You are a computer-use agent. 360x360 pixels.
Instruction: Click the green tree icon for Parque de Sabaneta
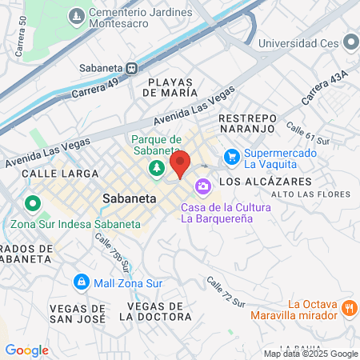[x=157, y=167]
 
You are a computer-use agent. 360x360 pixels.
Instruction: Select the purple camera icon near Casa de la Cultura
[x=203, y=186]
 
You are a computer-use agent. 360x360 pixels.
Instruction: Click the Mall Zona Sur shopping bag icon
[x=81, y=282]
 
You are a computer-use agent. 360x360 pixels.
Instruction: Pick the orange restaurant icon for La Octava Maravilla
[x=349, y=308]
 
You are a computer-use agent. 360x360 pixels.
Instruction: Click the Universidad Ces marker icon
[x=350, y=42]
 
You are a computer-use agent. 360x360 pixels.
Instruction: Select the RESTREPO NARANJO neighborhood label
[x=247, y=124]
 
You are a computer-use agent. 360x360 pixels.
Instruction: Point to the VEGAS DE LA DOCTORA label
[x=157, y=311]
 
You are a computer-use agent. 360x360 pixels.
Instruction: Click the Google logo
[x=26, y=350]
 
